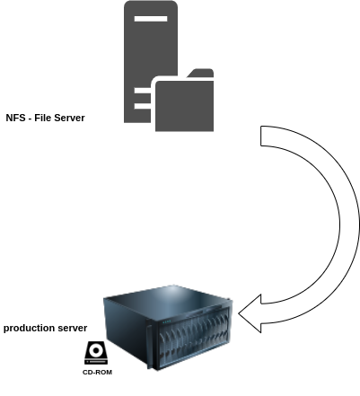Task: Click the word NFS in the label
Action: pos(15,118)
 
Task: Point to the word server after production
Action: pos(72,328)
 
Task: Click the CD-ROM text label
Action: pos(97,372)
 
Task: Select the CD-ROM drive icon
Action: pos(96,353)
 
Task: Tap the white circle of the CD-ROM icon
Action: pos(96,350)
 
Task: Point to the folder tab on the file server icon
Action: pos(200,73)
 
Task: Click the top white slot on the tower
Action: pos(151,19)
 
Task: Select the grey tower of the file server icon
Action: pos(151,45)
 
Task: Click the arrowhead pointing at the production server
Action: pos(250,313)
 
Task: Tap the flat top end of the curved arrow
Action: pos(261,136)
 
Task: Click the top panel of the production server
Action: pos(169,300)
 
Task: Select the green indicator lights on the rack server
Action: pos(167,322)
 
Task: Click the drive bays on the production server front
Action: pos(194,338)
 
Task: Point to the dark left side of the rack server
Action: pos(126,330)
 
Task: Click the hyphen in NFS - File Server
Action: pos(30,119)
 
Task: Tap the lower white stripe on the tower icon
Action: pos(143,106)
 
